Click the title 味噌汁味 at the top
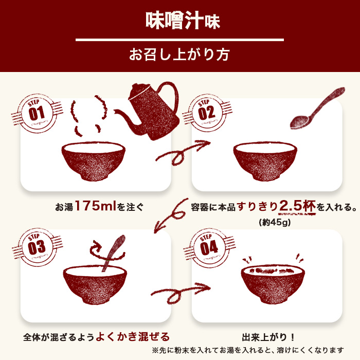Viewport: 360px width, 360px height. coord(179,21)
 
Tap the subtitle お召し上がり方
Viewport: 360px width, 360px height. coord(179,54)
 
